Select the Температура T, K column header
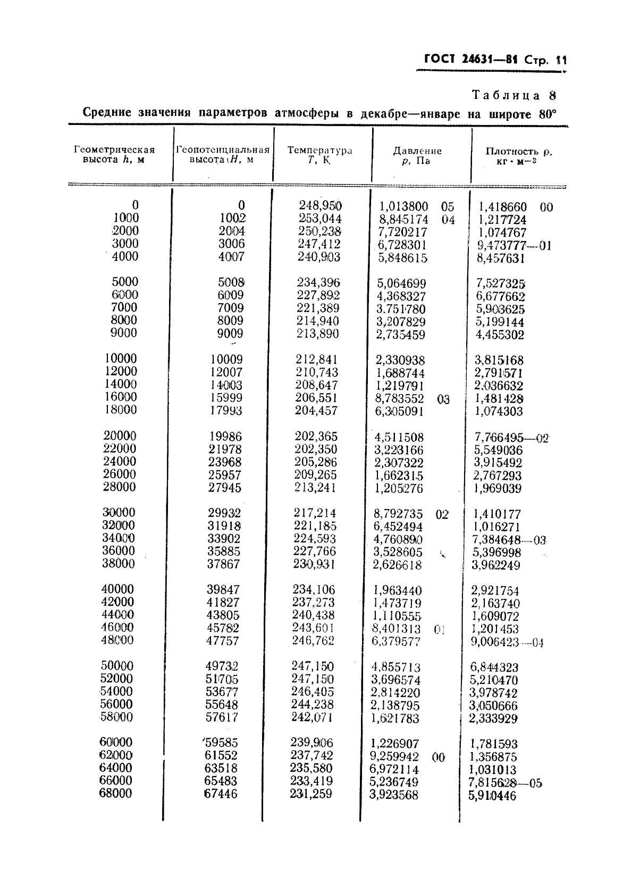319,155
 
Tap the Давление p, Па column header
417,155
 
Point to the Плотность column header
519,155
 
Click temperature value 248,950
320,205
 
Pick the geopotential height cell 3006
231,244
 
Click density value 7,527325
500,283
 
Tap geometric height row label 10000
120,359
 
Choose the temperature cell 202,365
316,436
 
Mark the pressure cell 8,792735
398,514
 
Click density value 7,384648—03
509,540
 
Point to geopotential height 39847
223,589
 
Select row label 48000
117,640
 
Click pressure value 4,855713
396,667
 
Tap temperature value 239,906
312,742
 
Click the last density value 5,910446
492,796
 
